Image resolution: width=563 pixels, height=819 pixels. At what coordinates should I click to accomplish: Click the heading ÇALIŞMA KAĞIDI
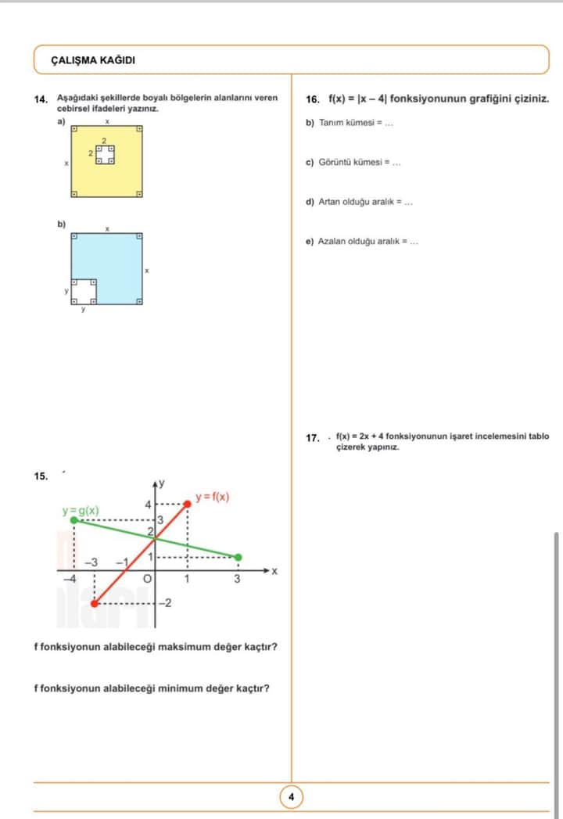click(93, 60)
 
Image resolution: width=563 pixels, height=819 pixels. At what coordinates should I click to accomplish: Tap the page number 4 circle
click(291, 797)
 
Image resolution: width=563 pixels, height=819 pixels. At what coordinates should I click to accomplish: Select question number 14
click(41, 100)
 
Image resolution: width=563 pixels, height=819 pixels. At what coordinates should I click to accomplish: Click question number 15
click(41, 476)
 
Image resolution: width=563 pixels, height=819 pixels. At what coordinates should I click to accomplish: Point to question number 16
click(313, 99)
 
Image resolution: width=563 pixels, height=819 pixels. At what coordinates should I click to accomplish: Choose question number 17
click(313, 438)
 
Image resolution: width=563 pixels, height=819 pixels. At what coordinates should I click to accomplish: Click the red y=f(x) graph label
click(212, 497)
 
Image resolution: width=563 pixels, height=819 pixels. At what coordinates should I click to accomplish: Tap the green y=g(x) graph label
click(81, 511)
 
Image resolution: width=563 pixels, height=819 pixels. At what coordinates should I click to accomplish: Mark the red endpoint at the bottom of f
click(95, 604)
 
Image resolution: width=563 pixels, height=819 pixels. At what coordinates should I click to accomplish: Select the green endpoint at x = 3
click(238, 557)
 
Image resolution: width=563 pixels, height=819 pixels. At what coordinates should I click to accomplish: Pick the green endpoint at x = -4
click(74, 519)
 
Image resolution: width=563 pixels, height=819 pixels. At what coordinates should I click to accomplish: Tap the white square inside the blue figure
click(84, 291)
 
